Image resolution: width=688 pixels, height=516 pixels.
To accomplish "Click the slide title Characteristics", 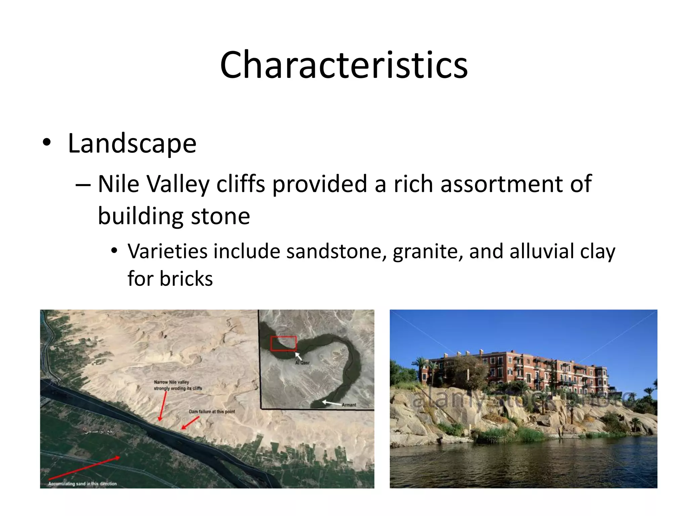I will coord(344,64).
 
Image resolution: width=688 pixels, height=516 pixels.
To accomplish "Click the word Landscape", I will coord(132,144).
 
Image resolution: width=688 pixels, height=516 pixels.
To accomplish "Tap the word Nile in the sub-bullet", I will coord(118,184).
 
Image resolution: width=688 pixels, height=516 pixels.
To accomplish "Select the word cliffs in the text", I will coord(241,184).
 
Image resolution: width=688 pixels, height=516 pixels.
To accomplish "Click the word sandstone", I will coord(336,251).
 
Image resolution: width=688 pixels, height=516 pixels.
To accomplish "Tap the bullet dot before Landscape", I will coord(47,143).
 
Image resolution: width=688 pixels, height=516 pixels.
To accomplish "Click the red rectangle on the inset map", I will coord(283,343).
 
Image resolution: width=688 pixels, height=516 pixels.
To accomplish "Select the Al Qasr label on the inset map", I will coord(302,363).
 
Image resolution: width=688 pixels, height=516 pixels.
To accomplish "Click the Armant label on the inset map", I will coord(349,405).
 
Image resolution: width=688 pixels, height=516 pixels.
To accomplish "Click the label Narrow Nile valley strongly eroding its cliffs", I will coord(177,385).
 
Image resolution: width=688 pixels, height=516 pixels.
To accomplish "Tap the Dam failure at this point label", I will coord(212,412).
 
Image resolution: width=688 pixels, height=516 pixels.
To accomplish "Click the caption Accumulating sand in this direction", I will coord(82,484).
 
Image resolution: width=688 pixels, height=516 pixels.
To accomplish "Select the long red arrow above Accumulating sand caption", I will coord(84,468).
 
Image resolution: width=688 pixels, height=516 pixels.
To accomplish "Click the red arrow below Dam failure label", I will coord(190,423).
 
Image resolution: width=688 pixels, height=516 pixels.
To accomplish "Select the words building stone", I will coord(174,216).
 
